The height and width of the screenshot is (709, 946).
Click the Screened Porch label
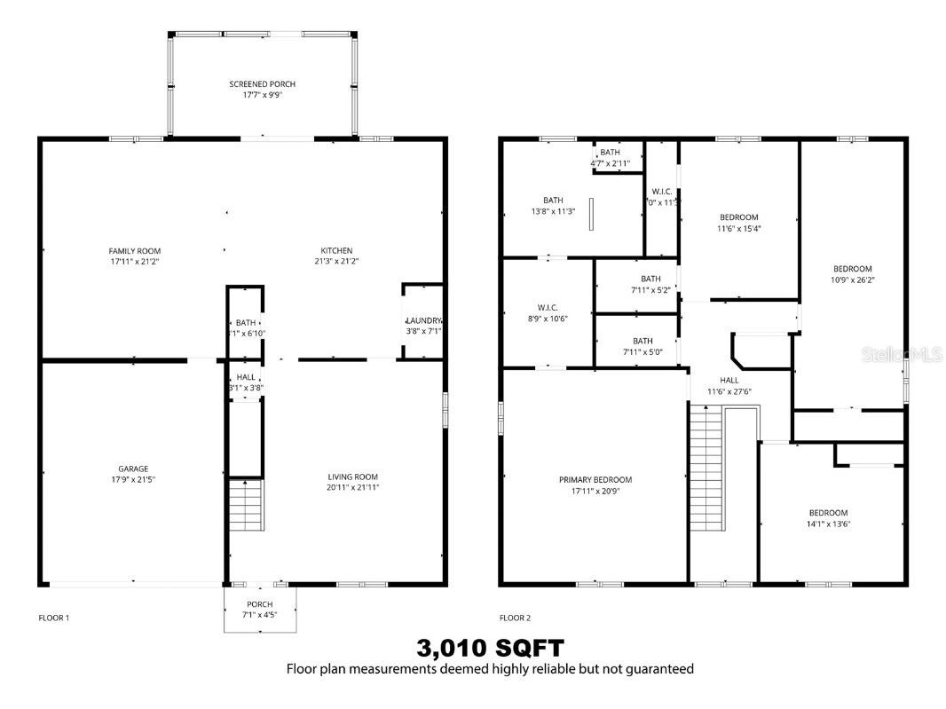click(262, 84)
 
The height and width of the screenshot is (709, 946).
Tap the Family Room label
click(135, 251)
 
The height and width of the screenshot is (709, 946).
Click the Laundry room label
click(423, 320)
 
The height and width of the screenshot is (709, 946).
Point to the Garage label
click(133, 469)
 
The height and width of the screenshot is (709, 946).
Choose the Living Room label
click(353, 477)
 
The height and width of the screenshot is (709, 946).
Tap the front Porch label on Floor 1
click(259, 604)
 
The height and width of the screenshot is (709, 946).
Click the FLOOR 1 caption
click(53, 618)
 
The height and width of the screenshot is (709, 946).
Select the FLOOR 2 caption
click(515, 618)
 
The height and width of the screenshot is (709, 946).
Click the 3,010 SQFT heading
click(490, 648)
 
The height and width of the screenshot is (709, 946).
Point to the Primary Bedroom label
click(595, 480)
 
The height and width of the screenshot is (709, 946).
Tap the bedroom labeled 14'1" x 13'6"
click(827, 513)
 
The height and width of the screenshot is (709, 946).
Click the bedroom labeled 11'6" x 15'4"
click(738, 217)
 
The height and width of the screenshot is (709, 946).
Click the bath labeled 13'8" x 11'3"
click(553, 200)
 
